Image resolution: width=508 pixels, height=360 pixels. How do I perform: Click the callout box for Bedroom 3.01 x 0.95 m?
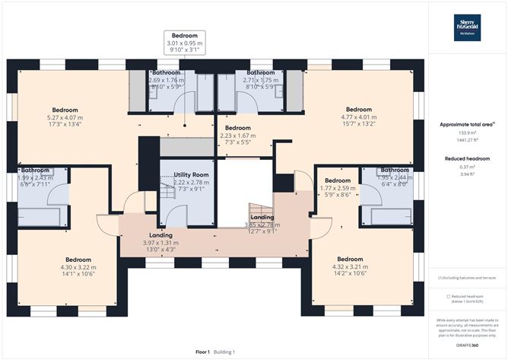[184, 43]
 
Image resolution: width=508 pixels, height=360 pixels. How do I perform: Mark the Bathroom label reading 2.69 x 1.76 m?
[166, 80]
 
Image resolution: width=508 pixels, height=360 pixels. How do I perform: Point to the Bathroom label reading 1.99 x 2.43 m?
[35, 178]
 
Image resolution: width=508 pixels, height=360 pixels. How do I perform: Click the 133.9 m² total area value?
[467, 132]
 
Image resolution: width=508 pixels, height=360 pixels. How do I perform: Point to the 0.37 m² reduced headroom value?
[467, 167]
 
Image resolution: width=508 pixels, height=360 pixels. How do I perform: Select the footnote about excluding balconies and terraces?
[467, 279]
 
